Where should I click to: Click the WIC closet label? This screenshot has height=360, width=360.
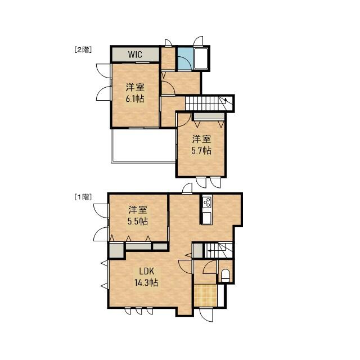(x=135, y=55)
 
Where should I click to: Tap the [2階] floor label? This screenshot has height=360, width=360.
(x=83, y=49)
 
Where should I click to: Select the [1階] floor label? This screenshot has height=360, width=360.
(x=83, y=197)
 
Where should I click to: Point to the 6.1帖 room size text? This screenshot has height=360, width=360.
(x=135, y=99)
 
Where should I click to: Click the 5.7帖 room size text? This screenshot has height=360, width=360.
(x=201, y=151)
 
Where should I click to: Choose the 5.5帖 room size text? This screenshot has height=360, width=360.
(x=137, y=221)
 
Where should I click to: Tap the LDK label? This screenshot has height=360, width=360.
(x=146, y=271)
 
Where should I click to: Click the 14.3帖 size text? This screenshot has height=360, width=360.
(x=146, y=282)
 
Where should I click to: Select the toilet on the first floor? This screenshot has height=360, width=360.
(x=225, y=276)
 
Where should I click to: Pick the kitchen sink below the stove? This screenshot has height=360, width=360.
(x=207, y=218)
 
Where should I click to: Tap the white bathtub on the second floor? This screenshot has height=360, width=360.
(x=201, y=58)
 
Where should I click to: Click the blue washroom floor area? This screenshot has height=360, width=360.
(x=185, y=58)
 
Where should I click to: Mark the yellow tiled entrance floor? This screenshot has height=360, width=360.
(x=205, y=295)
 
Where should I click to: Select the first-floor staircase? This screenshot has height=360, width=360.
(x=218, y=250)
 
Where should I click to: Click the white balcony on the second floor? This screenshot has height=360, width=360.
(x=143, y=146)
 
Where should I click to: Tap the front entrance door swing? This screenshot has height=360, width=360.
(x=206, y=315)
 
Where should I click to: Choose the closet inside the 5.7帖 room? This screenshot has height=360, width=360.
(x=209, y=116)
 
